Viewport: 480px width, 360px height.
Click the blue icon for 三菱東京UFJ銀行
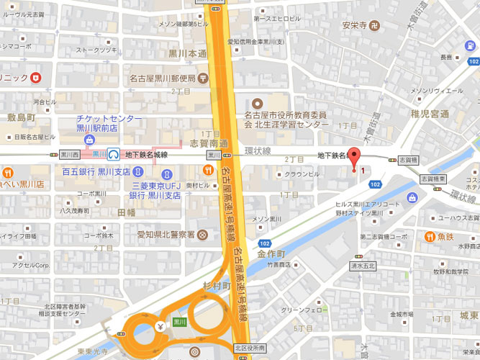tap(167, 174)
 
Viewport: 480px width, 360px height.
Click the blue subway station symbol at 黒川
tap(114, 154)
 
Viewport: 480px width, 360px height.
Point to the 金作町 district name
tap(274, 254)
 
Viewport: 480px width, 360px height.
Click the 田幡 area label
tap(127, 213)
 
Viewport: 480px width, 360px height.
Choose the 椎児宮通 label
tap(430, 114)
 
